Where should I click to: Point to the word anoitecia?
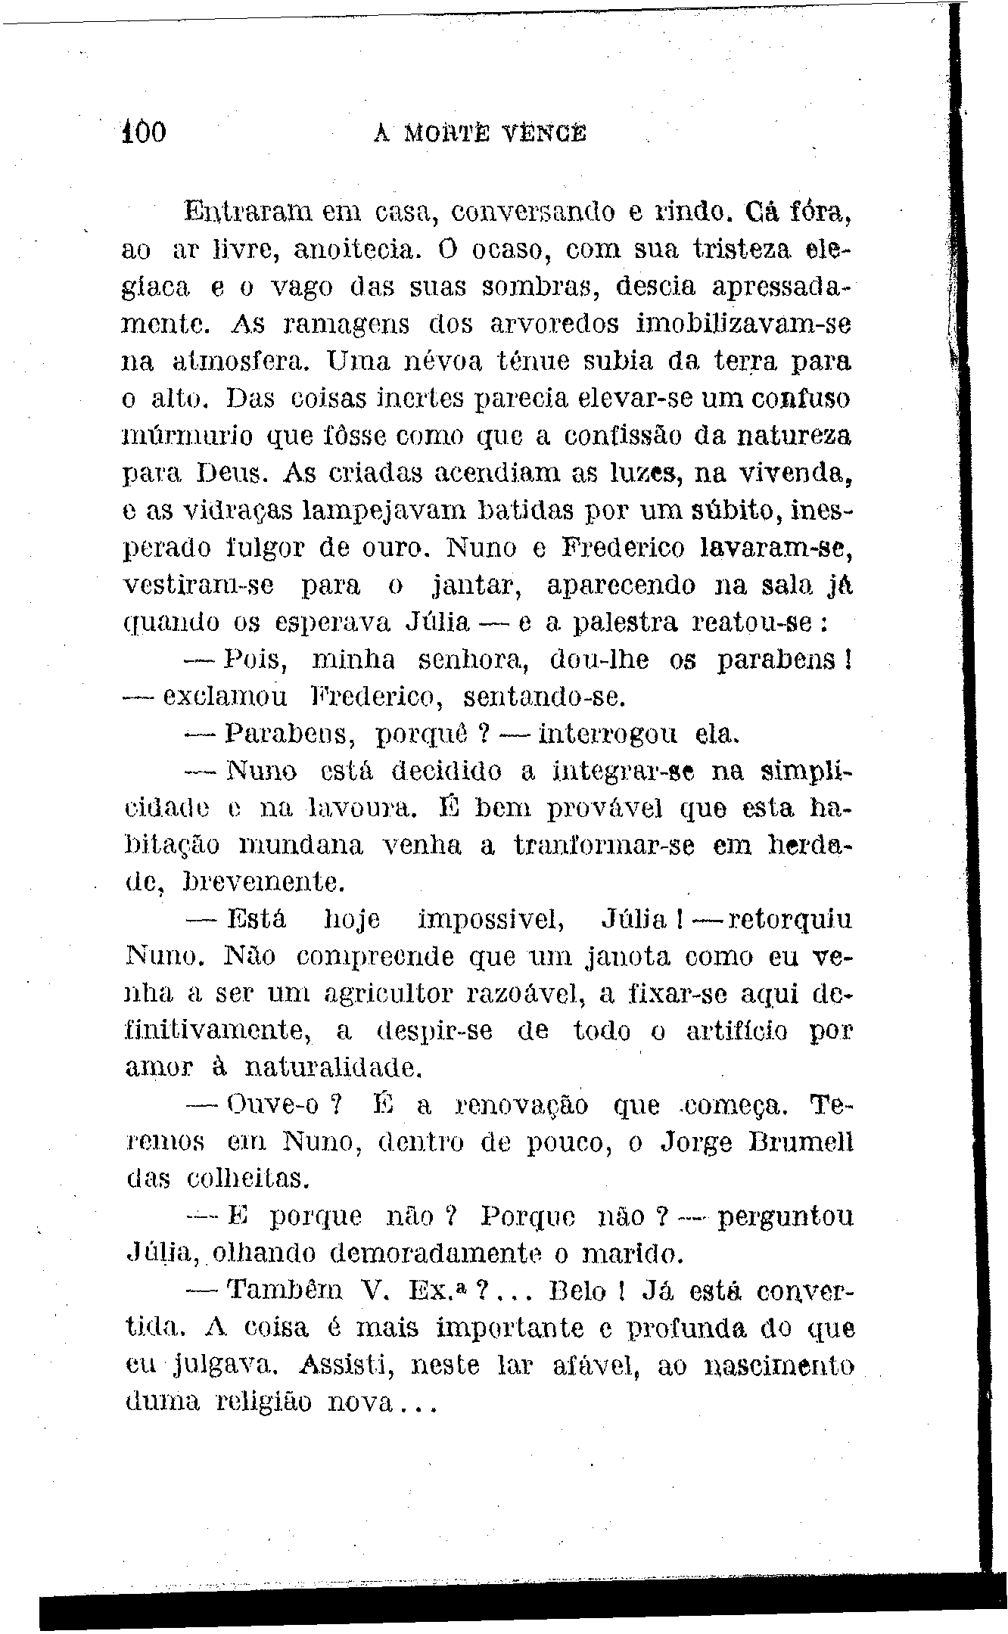point(356,249)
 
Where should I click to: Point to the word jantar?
point(475,586)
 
